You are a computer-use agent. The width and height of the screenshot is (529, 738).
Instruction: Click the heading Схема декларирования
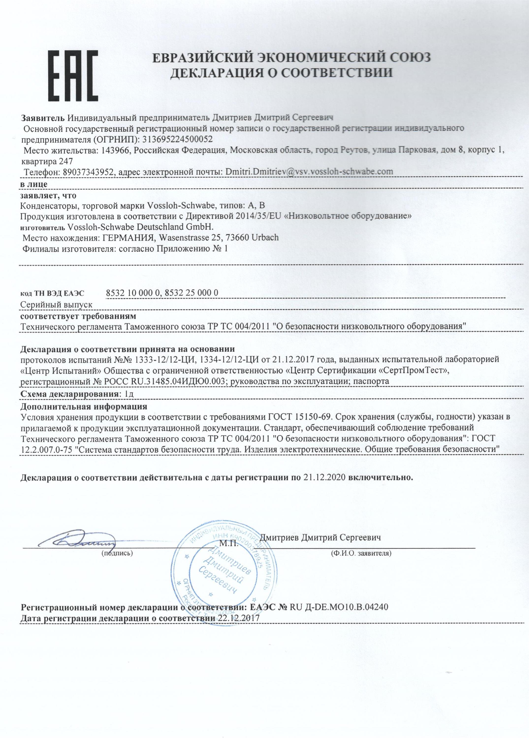(x=69, y=394)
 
